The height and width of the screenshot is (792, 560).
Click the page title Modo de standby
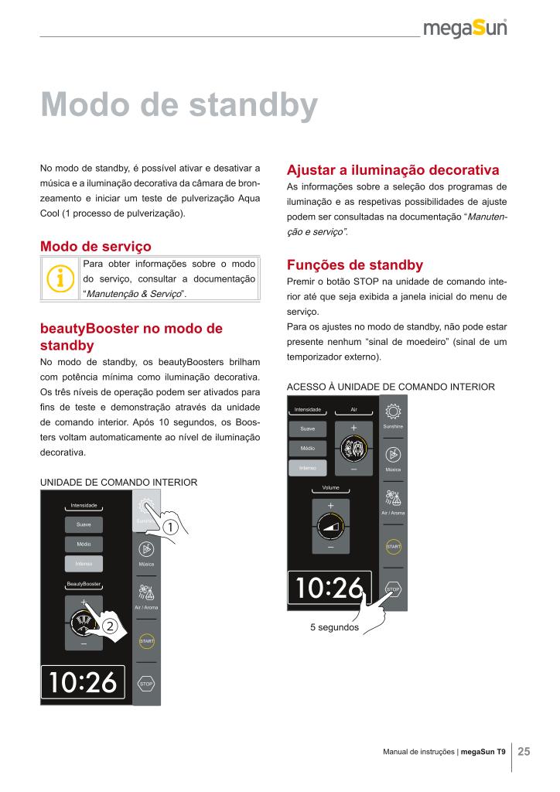(179, 105)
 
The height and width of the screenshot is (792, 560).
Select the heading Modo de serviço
(95, 246)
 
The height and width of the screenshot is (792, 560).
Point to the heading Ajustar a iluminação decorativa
(392, 170)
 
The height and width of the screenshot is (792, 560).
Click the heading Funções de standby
(354, 264)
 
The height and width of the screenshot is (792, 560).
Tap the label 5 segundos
(334, 627)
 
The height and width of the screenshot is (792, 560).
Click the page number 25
(524, 751)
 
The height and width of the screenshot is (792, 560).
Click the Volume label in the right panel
(330, 488)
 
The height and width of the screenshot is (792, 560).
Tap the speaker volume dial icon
(330, 527)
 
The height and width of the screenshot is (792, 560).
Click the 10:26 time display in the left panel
(83, 682)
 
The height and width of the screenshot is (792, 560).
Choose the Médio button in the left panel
(84, 544)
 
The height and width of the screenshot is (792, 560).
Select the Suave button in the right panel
(307, 428)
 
